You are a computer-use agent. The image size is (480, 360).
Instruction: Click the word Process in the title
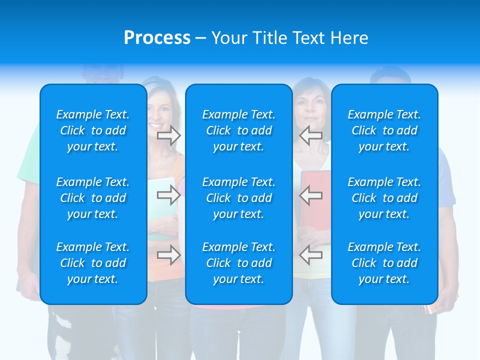(x=157, y=38)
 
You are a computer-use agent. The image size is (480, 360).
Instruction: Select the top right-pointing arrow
(x=168, y=135)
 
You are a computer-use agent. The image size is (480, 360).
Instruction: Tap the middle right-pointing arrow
(x=168, y=195)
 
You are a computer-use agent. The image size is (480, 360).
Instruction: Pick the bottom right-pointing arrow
(x=168, y=255)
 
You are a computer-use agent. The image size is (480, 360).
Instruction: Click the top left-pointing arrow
(x=310, y=135)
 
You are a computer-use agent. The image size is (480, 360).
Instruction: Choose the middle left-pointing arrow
(x=310, y=195)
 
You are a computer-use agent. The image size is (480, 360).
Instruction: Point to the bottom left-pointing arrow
(x=310, y=255)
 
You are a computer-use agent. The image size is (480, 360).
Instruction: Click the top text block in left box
(x=93, y=130)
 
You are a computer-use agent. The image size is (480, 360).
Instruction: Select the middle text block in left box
(x=93, y=198)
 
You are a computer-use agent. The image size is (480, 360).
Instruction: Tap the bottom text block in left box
(x=93, y=263)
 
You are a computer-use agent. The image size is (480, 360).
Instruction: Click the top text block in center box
(x=239, y=130)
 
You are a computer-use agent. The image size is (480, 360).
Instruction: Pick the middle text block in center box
(x=239, y=198)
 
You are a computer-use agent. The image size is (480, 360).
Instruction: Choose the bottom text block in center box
(x=239, y=263)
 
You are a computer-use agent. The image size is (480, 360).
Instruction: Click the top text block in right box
(x=384, y=130)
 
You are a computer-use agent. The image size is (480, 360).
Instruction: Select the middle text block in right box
(x=384, y=198)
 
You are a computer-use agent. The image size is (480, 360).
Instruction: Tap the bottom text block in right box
(x=384, y=263)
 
